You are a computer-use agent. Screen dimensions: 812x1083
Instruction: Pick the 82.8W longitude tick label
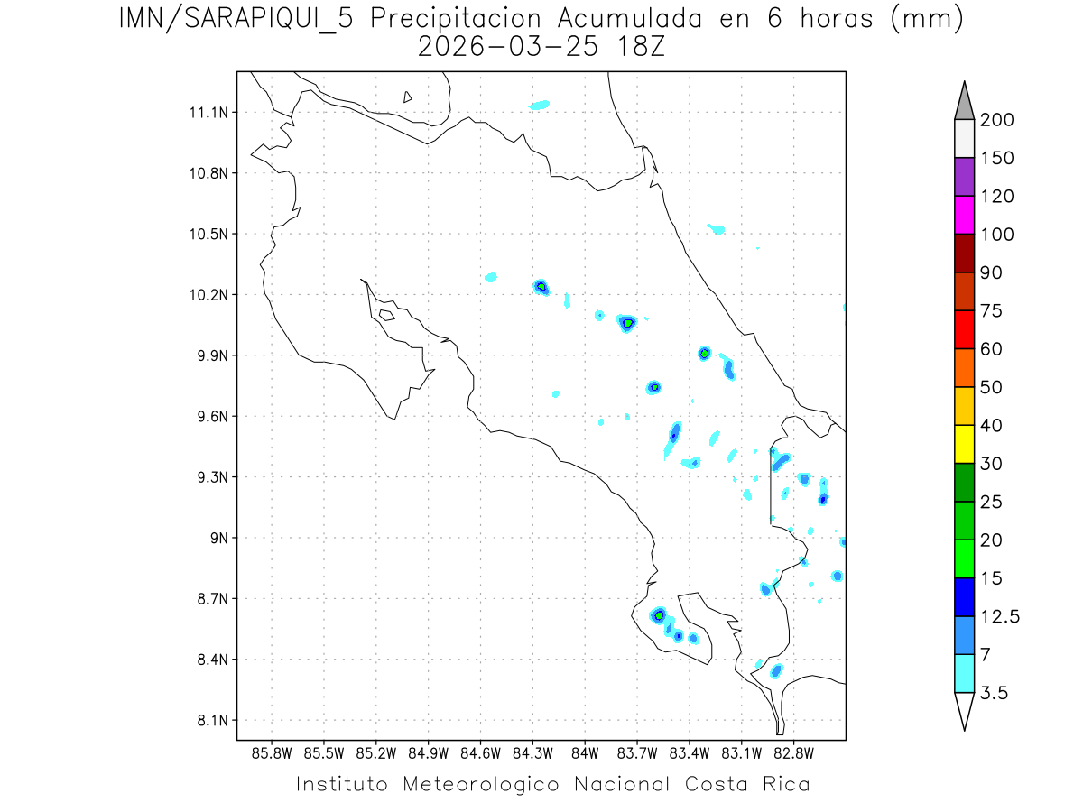click(793, 752)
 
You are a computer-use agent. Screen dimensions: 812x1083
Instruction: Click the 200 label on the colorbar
click(996, 121)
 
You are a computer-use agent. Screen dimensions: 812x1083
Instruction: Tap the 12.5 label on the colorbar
click(999, 616)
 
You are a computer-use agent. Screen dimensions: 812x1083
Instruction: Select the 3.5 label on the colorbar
click(995, 693)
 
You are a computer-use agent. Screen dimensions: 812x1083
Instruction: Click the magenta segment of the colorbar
click(964, 216)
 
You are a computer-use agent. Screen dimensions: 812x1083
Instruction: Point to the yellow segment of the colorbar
click(964, 444)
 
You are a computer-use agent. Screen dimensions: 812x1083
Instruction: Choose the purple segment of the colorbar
click(964, 178)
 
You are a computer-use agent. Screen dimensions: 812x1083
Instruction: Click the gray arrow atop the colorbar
click(964, 101)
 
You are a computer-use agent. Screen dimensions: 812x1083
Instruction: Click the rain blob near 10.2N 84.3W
click(541, 287)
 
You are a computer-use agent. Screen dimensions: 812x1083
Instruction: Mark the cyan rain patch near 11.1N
click(539, 105)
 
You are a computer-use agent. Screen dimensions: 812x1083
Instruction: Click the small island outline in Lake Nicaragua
click(408, 97)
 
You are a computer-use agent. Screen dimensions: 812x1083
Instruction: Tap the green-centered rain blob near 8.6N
click(660, 615)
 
